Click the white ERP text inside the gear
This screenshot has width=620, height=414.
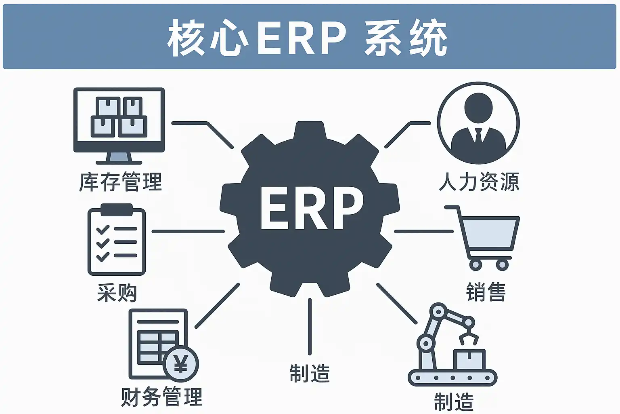click(x=312, y=208)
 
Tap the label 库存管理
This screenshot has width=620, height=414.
click(x=120, y=182)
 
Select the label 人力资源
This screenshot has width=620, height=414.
click(x=479, y=182)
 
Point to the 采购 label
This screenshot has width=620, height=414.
click(x=117, y=293)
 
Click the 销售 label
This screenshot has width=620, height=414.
click(x=486, y=292)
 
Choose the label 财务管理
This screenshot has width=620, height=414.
click(x=161, y=397)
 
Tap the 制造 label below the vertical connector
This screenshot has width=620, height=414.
click(x=310, y=373)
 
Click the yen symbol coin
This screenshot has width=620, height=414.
click(x=181, y=364)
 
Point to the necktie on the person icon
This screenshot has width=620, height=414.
click(x=478, y=135)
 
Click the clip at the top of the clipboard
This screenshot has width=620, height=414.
click(x=117, y=210)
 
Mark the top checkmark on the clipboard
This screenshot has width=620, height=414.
click(x=103, y=230)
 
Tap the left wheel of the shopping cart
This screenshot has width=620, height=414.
click(x=475, y=265)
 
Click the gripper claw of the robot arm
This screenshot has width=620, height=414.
click(x=468, y=337)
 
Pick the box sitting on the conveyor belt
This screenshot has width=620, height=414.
click(x=469, y=359)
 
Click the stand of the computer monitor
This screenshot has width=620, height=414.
click(x=119, y=158)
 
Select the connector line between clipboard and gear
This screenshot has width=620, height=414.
click(x=188, y=232)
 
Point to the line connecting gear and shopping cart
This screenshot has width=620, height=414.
click(x=424, y=232)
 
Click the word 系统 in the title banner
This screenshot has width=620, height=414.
click(x=406, y=38)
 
